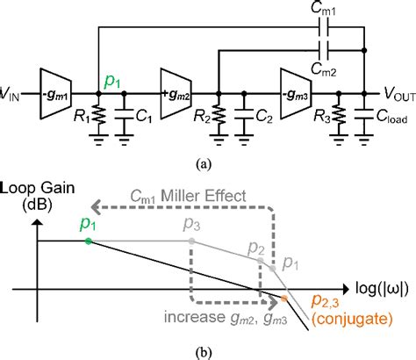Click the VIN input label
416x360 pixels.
(x=16, y=91)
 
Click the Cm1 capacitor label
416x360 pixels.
(x=325, y=12)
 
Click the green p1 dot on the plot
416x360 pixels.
(x=88, y=240)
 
